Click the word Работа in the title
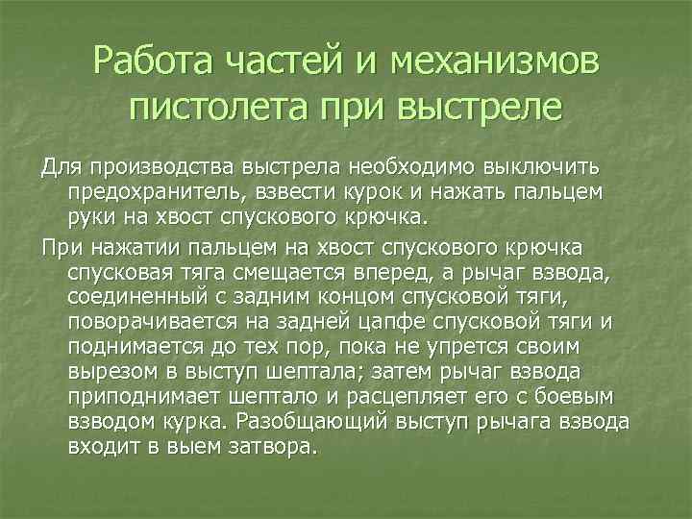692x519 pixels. click(x=158, y=62)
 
